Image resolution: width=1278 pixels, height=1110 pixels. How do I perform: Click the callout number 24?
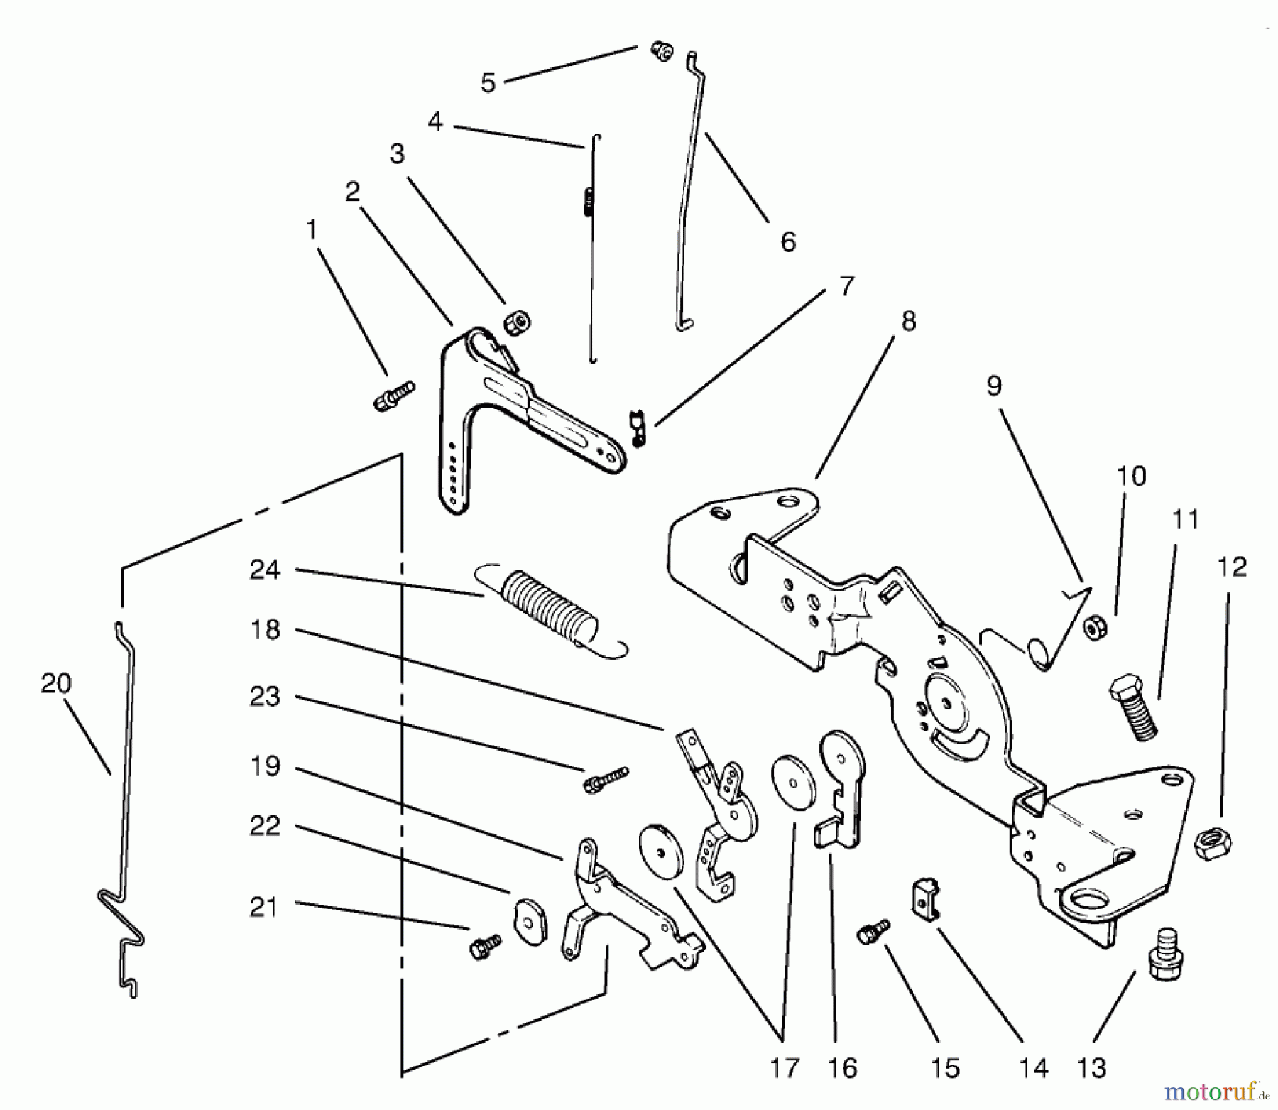click(265, 570)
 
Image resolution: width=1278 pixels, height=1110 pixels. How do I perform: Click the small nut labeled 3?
click(518, 324)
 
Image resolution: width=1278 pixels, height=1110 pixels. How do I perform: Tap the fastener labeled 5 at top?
click(662, 52)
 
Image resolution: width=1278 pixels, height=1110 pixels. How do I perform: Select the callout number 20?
click(56, 683)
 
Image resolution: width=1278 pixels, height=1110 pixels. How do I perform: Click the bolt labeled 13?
click(1164, 955)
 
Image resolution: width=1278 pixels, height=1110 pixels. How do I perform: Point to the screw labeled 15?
click(873, 931)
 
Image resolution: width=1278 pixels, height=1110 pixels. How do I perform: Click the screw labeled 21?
click(486, 946)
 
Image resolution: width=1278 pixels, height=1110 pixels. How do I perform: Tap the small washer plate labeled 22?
click(528, 922)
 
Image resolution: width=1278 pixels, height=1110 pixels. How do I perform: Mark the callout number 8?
click(908, 321)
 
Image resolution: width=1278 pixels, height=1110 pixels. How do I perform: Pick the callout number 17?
click(784, 1067)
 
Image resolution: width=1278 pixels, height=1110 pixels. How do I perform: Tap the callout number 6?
click(788, 241)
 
